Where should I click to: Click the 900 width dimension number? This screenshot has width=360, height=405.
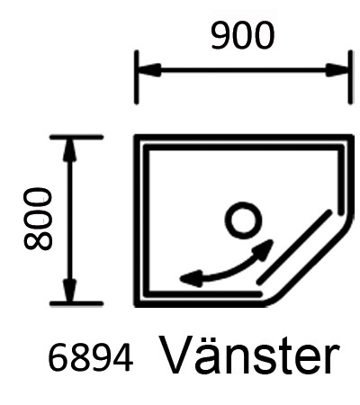(243, 35)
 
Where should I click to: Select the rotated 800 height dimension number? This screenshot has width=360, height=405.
(38, 219)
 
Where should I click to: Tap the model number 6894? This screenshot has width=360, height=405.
(90, 358)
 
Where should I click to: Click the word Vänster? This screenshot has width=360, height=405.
(250, 355)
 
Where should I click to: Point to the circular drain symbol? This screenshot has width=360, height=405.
(243, 220)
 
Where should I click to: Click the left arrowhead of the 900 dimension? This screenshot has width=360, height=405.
(150, 70)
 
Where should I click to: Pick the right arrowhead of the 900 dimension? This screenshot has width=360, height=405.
(337, 70)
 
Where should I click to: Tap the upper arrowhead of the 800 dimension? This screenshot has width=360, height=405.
(69, 151)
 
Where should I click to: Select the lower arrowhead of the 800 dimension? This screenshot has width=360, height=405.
(69, 290)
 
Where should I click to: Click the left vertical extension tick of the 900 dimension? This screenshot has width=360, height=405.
(137, 77)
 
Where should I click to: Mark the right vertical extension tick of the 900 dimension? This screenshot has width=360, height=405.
(350, 77)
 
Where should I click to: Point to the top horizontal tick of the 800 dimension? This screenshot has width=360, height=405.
(76, 137)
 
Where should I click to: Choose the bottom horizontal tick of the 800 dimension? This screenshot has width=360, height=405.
(76, 303)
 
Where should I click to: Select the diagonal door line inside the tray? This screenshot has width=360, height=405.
(294, 247)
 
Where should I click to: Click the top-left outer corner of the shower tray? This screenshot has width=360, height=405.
(135, 136)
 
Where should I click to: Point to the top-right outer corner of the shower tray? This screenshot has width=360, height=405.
(353, 136)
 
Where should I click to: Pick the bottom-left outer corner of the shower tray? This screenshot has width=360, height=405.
(135, 306)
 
